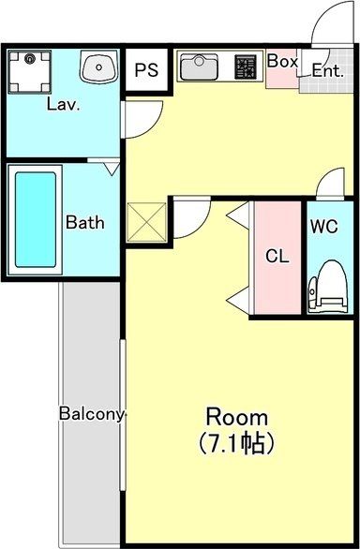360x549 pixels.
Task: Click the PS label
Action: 145,70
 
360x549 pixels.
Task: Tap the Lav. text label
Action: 63,104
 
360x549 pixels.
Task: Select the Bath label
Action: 84,223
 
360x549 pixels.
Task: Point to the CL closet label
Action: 276,255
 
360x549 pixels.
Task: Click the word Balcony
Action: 92,413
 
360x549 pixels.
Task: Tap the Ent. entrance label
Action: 328,70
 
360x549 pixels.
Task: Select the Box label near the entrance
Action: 282,61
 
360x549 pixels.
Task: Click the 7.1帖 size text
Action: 236,441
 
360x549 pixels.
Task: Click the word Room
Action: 236,417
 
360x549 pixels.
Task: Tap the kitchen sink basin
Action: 199,67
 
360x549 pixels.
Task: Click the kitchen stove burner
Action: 246,67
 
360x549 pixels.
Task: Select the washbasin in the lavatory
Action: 97,67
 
